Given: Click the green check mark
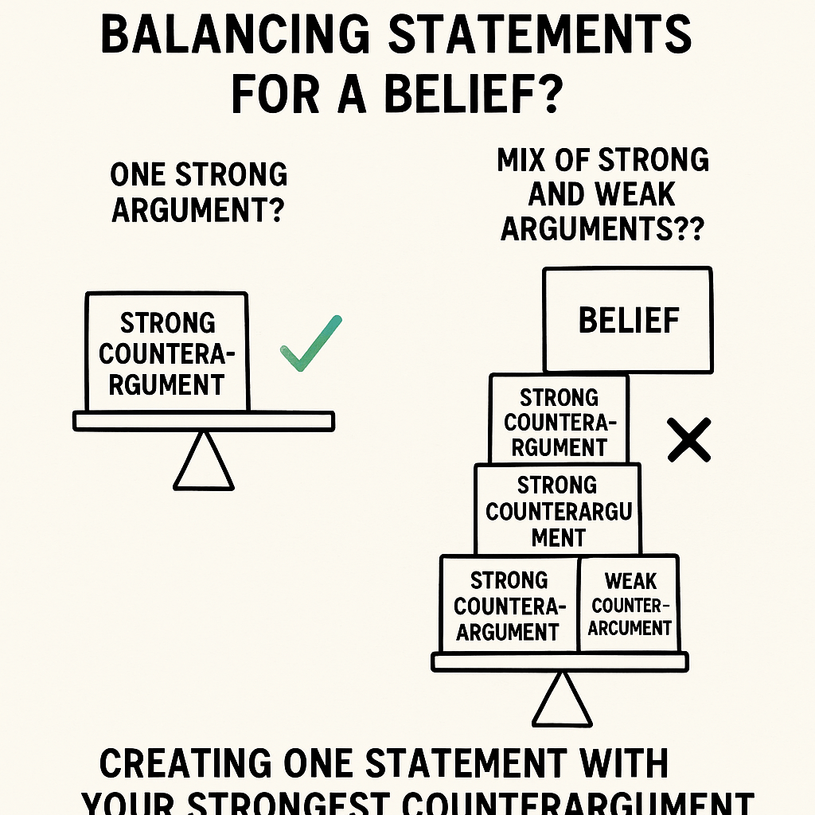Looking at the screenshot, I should pos(311,344).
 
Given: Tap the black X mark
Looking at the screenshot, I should pos(689,441).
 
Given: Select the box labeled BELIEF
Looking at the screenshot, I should pos(628,320).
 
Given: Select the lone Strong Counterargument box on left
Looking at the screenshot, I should pos(166,353).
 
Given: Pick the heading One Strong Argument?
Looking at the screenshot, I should pos(199,193).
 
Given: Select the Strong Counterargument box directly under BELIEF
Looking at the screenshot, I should pos(559,420).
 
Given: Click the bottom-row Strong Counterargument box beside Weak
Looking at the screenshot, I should pos(509,605).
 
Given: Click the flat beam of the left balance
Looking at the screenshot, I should pos(204,421).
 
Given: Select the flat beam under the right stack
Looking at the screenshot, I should pos(560,661).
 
